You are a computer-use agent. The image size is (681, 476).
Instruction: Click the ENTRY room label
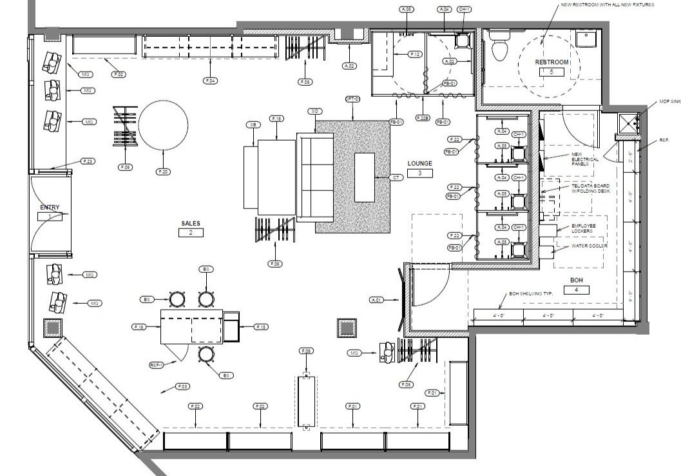(50, 208)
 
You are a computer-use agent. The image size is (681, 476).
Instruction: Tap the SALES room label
(191, 223)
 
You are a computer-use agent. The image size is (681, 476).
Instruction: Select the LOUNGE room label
(419, 164)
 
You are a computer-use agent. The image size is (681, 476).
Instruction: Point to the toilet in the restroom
(499, 48)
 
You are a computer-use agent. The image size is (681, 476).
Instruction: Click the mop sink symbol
(626, 121)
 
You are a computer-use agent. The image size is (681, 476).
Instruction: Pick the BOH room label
(576, 280)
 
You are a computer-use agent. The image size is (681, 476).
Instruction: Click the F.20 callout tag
(162, 172)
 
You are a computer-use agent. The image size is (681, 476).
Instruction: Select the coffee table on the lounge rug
(364, 177)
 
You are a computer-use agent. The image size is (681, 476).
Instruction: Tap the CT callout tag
(397, 177)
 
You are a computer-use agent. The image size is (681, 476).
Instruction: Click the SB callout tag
(253, 124)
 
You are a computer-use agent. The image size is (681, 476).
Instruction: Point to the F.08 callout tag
(306, 350)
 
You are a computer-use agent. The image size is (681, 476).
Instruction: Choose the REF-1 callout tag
(155, 365)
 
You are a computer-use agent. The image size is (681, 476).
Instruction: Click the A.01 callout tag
(377, 300)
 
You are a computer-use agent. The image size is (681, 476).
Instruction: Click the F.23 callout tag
(88, 161)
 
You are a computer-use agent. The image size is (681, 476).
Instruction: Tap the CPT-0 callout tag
(352, 99)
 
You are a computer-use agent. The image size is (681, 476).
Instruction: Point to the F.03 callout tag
(182, 386)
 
